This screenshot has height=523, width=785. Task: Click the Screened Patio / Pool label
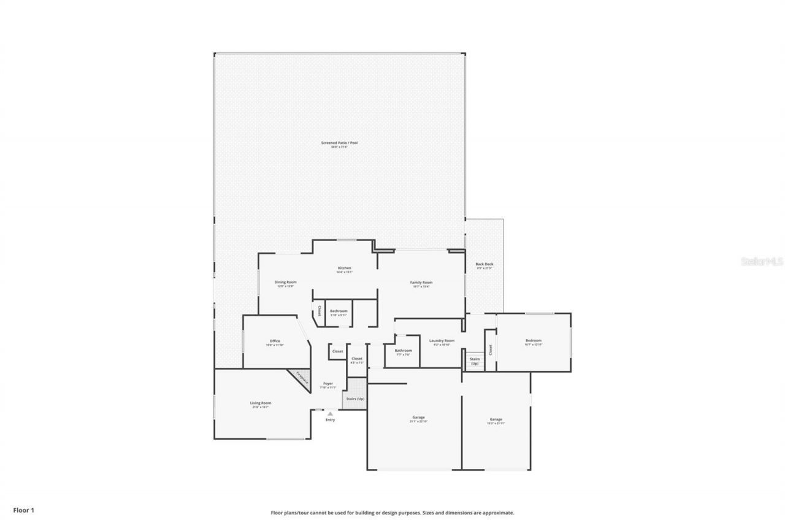339,145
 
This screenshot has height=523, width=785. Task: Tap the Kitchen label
344,270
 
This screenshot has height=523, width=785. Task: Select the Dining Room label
286,284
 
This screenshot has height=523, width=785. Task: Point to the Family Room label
421,284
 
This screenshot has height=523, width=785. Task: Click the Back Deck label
484,266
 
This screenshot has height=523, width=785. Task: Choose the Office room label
275,343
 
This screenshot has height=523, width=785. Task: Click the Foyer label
329,385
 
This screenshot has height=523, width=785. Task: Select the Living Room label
261,405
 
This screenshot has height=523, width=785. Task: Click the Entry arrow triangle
330,413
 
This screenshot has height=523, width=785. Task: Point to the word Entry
331,420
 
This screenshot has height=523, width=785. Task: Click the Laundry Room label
442,342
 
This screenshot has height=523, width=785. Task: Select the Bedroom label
533,342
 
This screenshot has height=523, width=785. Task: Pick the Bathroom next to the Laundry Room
403,352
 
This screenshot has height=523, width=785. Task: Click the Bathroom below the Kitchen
339,313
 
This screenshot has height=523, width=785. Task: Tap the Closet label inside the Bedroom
491,349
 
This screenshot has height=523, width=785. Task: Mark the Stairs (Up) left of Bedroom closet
474,361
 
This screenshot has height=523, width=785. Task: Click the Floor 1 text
25,510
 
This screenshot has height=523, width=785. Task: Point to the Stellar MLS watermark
761,261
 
